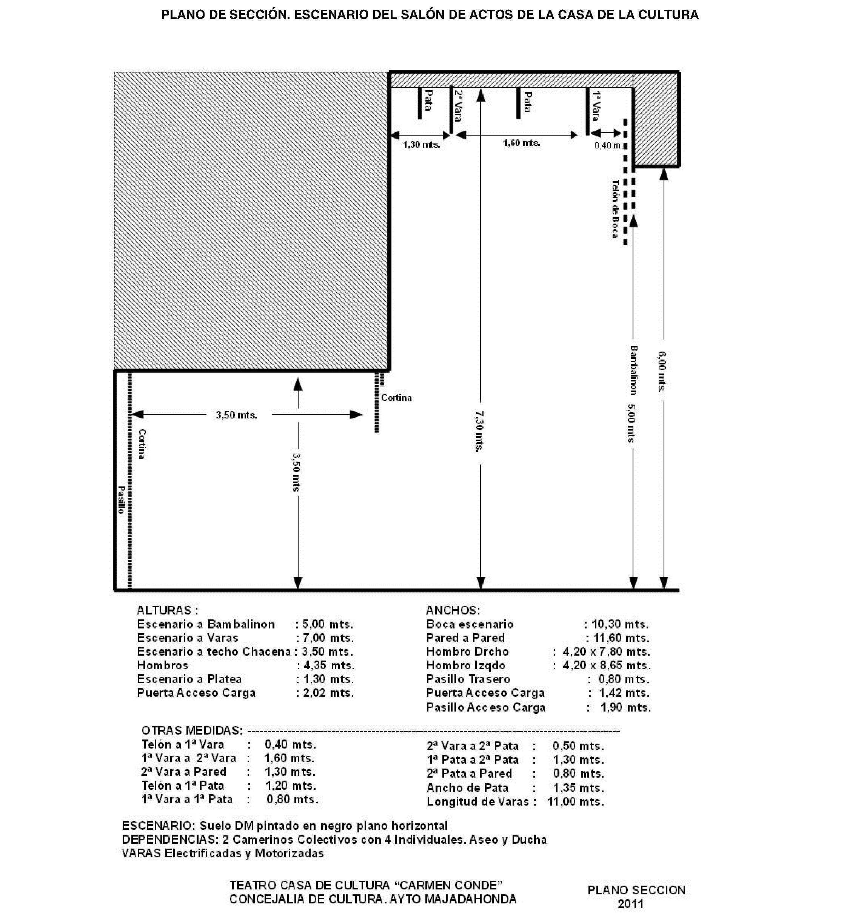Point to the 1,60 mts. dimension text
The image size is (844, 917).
pyautogui.click(x=522, y=143)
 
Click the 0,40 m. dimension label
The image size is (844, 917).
pyautogui.click(x=607, y=146)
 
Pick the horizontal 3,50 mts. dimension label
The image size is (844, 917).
pyautogui.click(x=237, y=415)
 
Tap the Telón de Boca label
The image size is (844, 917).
pyautogui.click(x=615, y=209)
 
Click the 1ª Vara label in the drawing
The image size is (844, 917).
pyautogui.click(x=597, y=106)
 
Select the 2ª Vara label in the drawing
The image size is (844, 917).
pyautogui.click(x=459, y=106)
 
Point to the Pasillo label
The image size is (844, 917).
pyautogui.click(x=121, y=499)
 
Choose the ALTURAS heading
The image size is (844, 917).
pyautogui.click(x=167, y=610)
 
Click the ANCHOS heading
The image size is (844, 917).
pyautogui.click(x=453, y=610)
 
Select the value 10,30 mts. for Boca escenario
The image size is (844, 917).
pyautogui.click(x=620, y=624)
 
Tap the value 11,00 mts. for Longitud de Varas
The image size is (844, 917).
pyautogui.click(x=576, y=801)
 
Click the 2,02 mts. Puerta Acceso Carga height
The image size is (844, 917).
pyautogui.click(x=328, y=693)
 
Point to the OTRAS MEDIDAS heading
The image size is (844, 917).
pyautogui.click(x=192, y=730)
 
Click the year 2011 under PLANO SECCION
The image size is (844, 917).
pyautogui.click(x=631, y=904)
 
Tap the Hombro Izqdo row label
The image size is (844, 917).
pyautogui.click(x=465, y=665)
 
